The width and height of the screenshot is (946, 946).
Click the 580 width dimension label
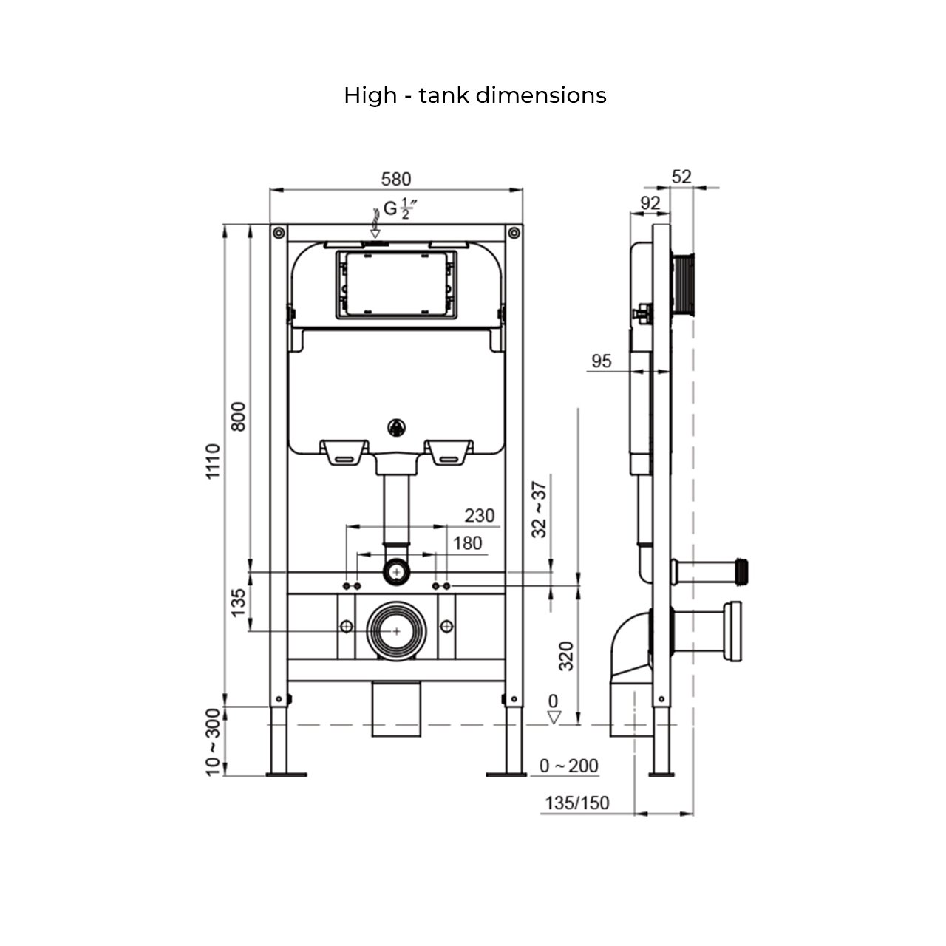395,179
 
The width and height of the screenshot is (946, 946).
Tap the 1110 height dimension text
214,462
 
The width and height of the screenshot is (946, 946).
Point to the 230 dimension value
479,515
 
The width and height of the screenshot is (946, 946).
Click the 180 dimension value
467,543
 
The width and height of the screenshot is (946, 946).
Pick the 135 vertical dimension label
238,603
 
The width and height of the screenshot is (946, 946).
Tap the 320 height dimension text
566,656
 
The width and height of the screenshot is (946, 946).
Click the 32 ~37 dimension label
540,509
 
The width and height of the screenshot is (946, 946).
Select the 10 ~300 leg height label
214,742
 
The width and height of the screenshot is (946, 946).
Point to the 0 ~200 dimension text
568,766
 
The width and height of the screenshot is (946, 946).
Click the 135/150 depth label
577,803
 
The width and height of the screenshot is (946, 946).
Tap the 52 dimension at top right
681,177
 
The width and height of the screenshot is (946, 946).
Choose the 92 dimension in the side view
650,203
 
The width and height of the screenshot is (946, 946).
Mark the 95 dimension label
602,361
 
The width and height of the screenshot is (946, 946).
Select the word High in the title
370,95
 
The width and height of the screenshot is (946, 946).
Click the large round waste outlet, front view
397,630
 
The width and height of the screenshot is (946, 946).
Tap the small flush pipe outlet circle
398,571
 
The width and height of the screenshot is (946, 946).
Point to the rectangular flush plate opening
396,284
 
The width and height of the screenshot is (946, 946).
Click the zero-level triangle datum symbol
554,717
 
